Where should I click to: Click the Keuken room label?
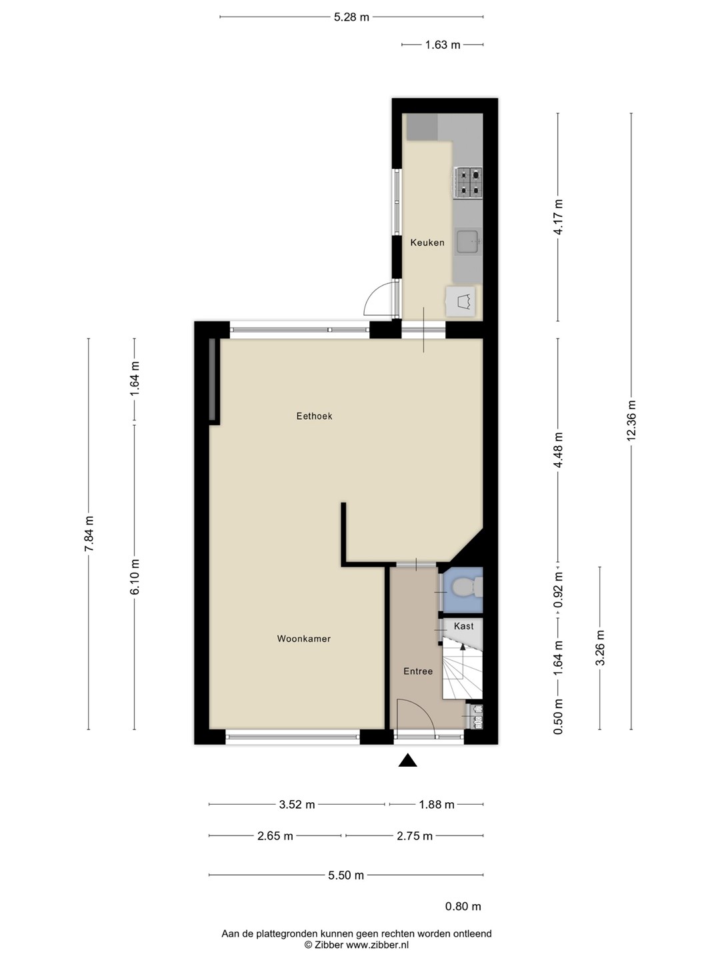click(x=427, y=242)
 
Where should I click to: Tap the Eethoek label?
click(x=314, y=416)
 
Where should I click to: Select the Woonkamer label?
click(x=304, y=639)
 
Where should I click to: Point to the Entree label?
click(x=418, y=671)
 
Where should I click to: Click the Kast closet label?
click(x=464, y=626)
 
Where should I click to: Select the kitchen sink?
click(x=468, y=241)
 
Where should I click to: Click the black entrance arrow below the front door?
click(x=407, y=761)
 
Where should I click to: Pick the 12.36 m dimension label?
click(x=631, y=420)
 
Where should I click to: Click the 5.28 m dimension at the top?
click(x=351, y=17)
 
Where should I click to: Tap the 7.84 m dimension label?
click(x=89, y=533)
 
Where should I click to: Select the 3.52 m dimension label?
click(x=297, y=804)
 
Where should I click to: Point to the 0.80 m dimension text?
click(x=463, y=906)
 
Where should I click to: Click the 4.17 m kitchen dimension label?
click(x=558, y=217)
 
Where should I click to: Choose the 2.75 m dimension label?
click(x=415, y=836)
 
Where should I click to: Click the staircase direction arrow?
click(x=463, y=660)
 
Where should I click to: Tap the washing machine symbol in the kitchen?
click(x=461, y=301)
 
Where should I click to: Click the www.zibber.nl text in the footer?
click(x=377, y=944)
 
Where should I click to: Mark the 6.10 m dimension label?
click(x=135, y=577)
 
